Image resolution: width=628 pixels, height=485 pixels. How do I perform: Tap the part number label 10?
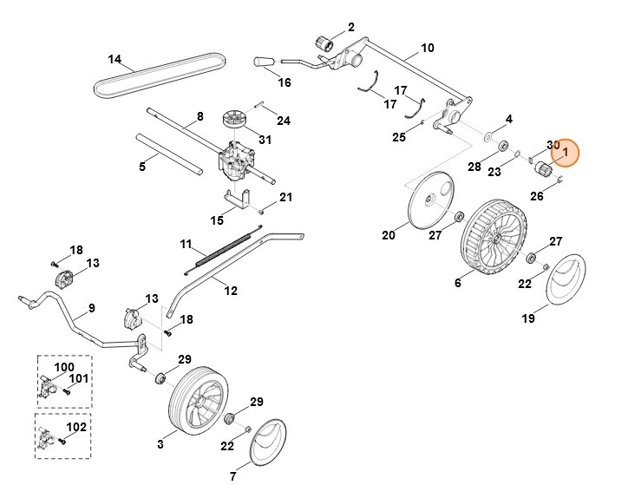(x=427, y=47)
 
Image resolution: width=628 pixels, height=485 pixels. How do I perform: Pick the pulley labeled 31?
(x=234, y=117)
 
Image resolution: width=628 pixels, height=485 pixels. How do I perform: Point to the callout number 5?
(x=143, y=165)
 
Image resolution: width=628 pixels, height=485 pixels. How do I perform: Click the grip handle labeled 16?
(x=264, y=62)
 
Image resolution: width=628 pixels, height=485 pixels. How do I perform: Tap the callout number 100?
(x=64, y=367)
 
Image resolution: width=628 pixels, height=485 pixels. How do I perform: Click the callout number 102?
(x=77, y=427)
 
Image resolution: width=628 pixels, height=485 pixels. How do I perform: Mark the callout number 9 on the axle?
(x=92, y=308)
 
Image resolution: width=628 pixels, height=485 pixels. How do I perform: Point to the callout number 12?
(x=231, y=292)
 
